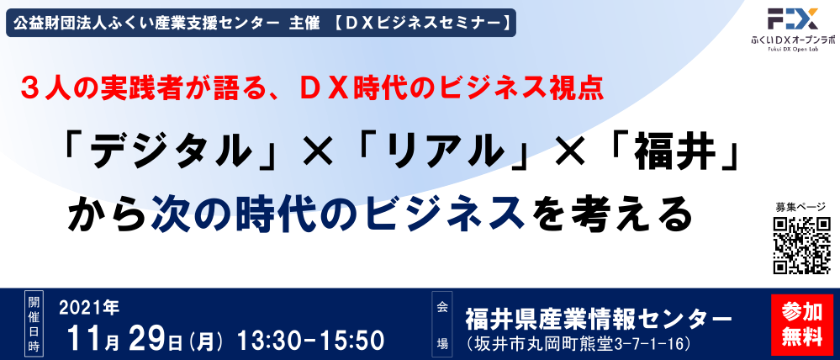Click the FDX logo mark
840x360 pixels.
(792, 19)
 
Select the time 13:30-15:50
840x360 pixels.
(310, 340)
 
